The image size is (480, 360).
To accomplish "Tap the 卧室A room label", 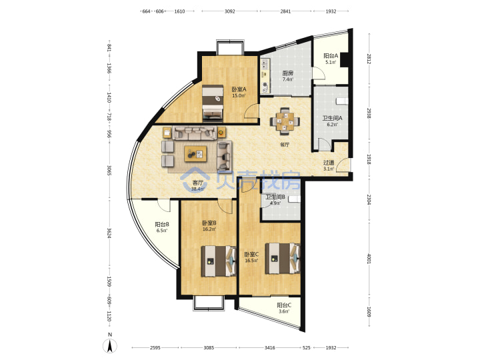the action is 239,89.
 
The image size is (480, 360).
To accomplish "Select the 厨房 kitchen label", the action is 288,73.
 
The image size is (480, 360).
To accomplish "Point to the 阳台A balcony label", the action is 331,56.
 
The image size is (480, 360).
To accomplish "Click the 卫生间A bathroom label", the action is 333,118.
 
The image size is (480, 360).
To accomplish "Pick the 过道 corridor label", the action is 329,163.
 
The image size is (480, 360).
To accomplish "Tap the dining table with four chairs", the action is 285,121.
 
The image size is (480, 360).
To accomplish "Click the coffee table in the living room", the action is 195,154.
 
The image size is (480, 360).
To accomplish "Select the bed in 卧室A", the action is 213,103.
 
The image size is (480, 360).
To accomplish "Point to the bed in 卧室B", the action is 219,261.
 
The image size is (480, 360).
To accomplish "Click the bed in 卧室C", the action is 283,259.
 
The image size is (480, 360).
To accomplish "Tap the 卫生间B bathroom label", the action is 275,197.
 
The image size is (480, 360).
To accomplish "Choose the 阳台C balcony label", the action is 284,305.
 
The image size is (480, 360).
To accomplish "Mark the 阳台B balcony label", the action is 162,225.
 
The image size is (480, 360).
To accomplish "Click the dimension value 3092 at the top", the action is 229,11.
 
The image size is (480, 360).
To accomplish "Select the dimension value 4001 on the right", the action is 369,259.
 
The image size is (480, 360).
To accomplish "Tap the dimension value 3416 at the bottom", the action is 270,348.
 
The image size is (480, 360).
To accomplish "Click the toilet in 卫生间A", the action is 342,101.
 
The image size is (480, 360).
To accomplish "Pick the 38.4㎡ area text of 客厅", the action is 197,189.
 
